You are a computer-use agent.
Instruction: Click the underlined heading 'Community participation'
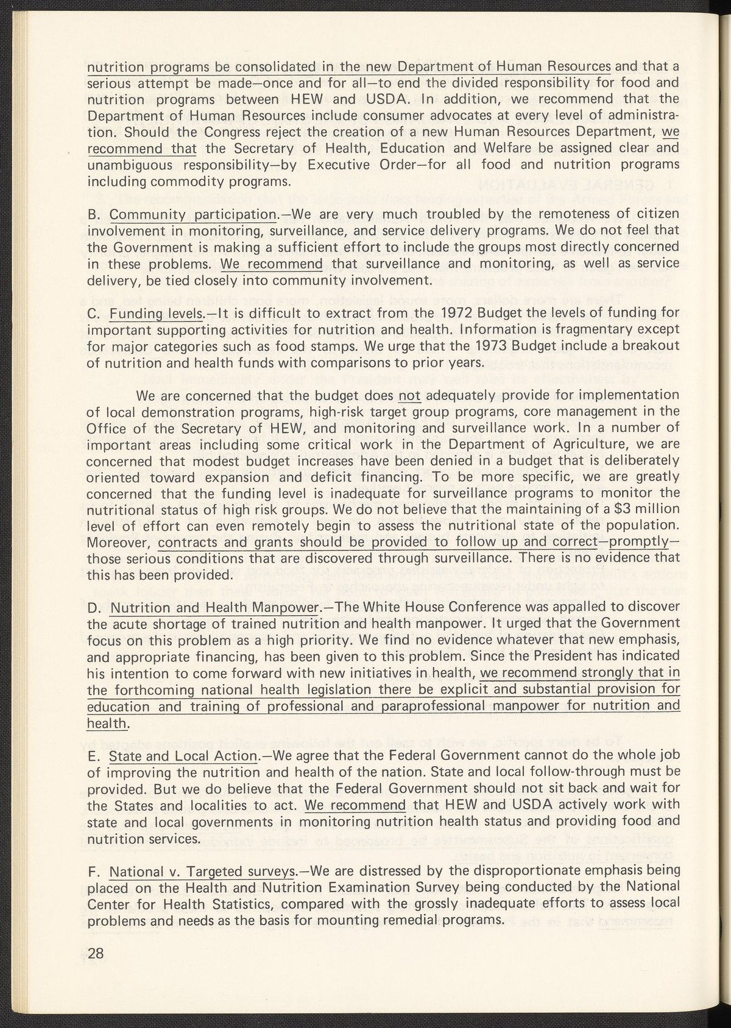pos(192,214)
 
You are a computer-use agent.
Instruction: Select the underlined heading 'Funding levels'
pos(156,314)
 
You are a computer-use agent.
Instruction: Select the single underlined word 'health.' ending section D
pos(108,723)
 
